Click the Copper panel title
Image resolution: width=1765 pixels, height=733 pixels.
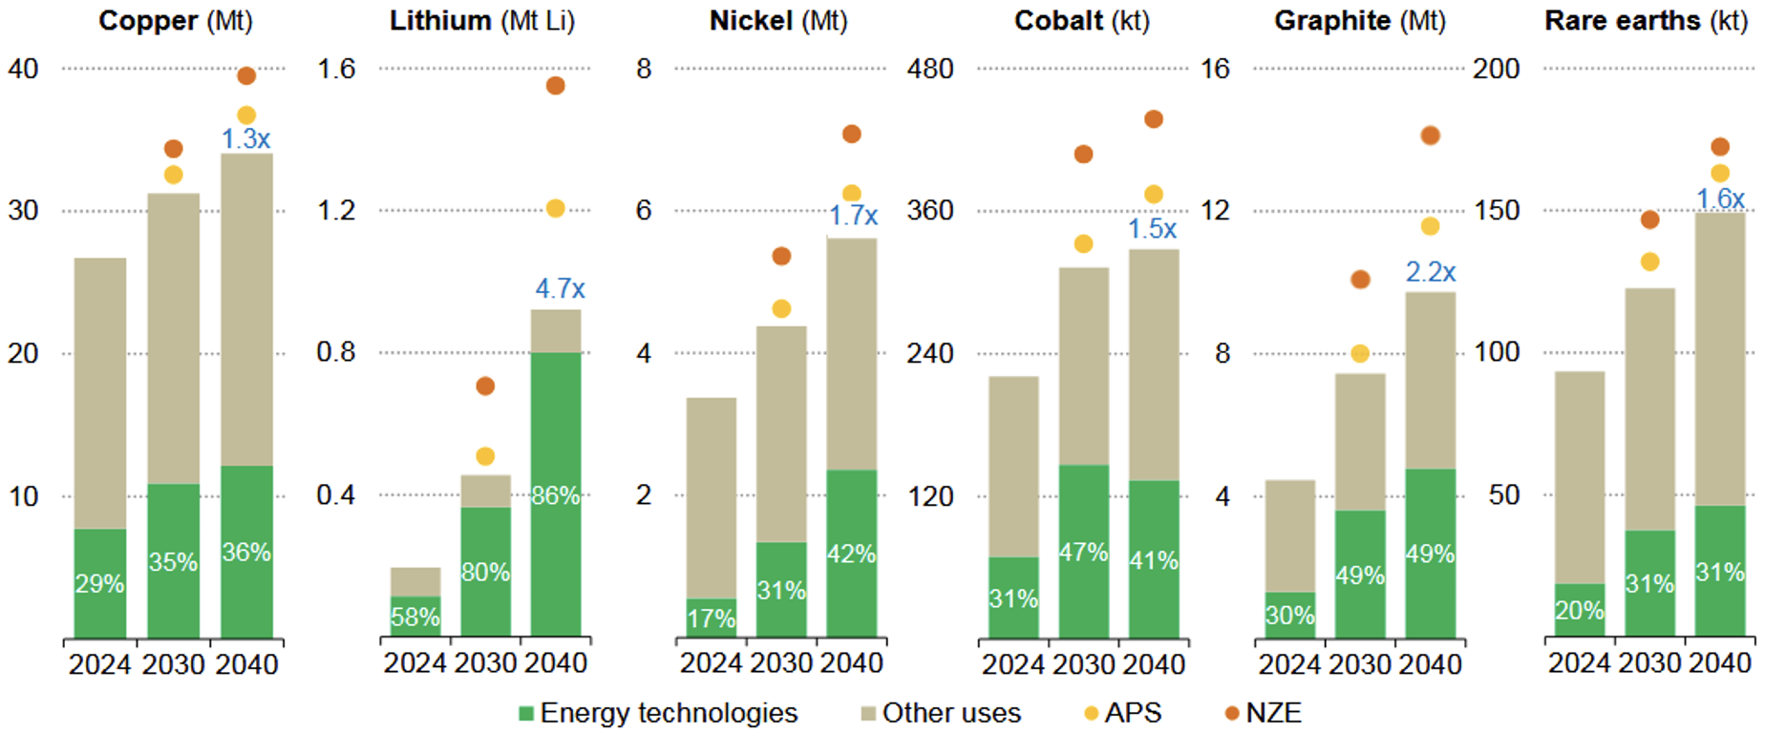(x=176, y=21)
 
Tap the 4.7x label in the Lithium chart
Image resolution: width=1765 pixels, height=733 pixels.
(x=560, y=288)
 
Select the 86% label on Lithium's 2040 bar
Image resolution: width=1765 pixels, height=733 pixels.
(x=556, y=495)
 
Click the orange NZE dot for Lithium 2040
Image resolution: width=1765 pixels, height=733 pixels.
(x=556, y=86)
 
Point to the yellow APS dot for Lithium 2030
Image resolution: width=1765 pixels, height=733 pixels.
(x=485, y=456)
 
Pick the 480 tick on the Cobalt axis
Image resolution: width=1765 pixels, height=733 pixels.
(x=929, y=69)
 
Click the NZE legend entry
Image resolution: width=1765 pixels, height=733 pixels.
(x=1263, y=713)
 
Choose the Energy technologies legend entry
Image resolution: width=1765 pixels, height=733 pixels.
(x=658, y=713)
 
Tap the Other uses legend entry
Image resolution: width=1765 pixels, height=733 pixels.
(x=941, y=713)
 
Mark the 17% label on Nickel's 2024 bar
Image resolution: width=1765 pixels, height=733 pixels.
(x=712, y=618)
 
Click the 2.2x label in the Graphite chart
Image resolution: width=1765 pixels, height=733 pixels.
(x=1430, y=272)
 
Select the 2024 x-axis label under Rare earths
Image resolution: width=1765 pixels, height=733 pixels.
(x=1579, y=663)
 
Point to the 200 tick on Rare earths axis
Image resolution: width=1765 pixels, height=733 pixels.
(x=1496, y=69)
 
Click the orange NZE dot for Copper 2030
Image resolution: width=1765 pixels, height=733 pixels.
(x=173, y=149)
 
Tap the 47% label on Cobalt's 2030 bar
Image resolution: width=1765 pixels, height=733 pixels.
(x=1083, y=552)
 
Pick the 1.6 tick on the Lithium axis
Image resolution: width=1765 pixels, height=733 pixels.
(x=336, y=69)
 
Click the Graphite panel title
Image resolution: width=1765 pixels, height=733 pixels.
(x=1360, y=21)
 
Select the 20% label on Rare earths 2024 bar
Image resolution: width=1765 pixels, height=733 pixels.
(x=1579, y=610)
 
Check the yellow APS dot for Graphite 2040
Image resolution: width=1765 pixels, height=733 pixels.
(x=1430, y=226)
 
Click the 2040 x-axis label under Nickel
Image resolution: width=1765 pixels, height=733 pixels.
(x=852, y=663)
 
